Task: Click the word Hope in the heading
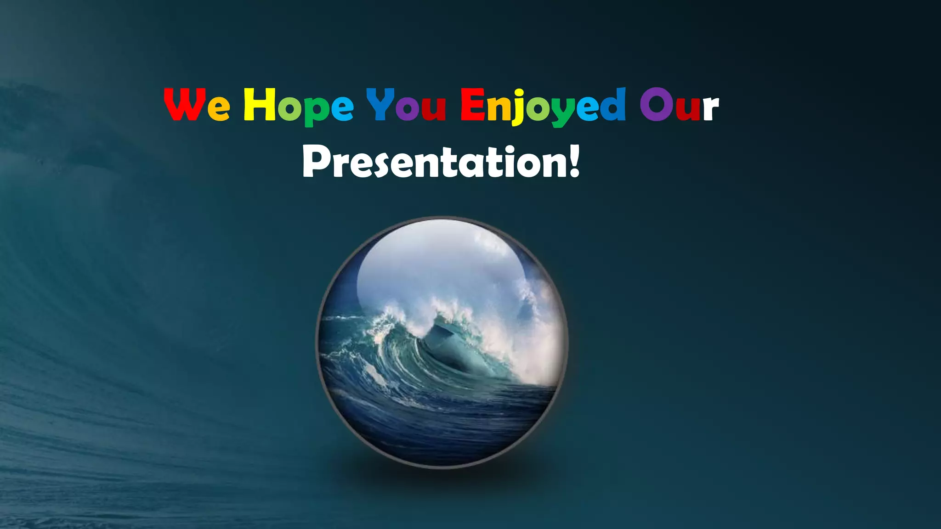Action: pyautogui.click(x=298, y=106)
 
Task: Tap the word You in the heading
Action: pyautogui.click(x=406, y=105)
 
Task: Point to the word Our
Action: pyautogui.click(x=679, y=105)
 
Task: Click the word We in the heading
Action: pyautogui.click(x=197, y=105)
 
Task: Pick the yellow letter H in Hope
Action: pyautogui.click(x=259, y=104)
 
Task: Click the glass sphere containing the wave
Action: pyautogui.click(x=442, y=342)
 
